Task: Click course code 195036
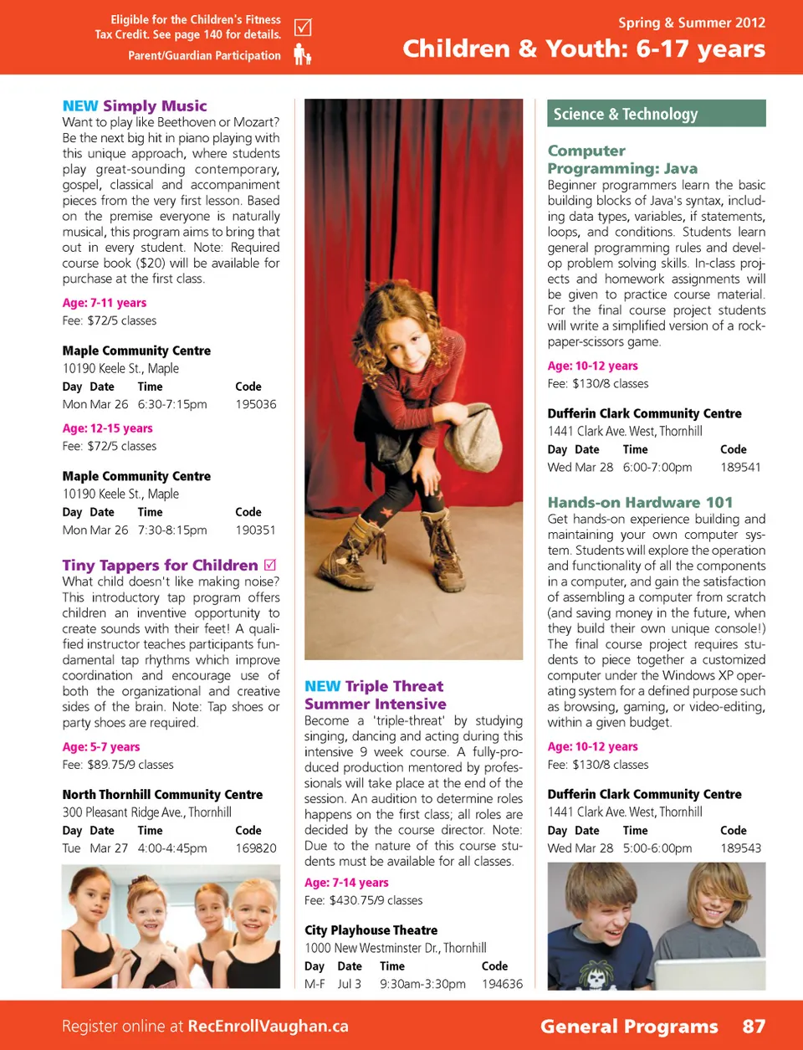[x=255, y=404]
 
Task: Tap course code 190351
[x=255, y=530]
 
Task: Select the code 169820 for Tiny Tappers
[x=255, y=848]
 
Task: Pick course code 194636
[x=502, y=984]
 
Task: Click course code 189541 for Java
[x=740, y=467]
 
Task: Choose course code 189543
[x=740, y=848]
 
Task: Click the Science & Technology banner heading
[x=625, y=114]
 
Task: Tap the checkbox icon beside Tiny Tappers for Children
[x=270, y=565]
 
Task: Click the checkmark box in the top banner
[x=303, y=28]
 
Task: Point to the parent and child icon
[x=302, y=55]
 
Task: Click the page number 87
[x=754, y=1026]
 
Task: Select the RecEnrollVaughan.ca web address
[x=268, y=1026]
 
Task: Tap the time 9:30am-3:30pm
[x=422, y=984]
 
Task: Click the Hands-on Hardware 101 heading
[x=640, y=502]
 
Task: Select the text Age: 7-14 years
[x=346, y=883]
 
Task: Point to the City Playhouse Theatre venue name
[x=371, y=930]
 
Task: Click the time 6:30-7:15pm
[x=172, y=404]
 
